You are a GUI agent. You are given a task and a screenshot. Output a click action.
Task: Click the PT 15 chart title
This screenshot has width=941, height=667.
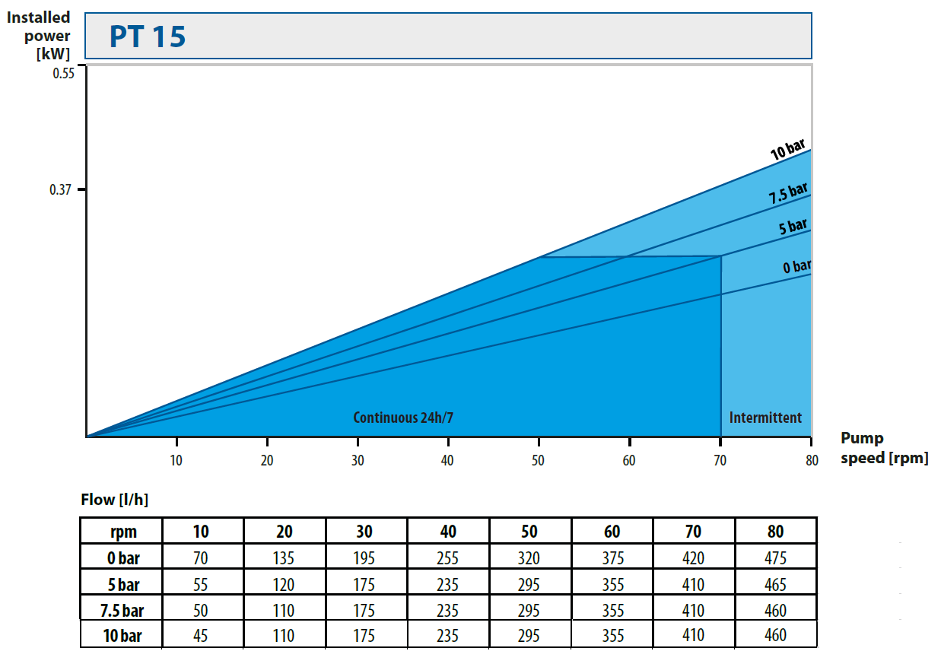click(x=148, y=37)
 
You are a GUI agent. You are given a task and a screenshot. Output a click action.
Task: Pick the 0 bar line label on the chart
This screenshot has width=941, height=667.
click(x=796, y=266)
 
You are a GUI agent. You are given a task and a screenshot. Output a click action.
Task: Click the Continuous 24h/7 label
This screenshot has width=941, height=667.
click(x=408, y=418)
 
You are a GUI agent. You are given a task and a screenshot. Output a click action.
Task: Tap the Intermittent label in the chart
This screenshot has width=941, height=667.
click(x=765, y=418)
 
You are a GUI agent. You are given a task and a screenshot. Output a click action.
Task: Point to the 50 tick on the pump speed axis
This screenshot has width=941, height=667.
click(x=539, y=460)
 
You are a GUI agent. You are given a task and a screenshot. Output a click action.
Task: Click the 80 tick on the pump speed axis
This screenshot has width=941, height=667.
click(x=811, y=460)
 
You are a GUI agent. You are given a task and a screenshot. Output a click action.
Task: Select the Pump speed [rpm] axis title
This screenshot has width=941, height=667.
click(x=884, y=448)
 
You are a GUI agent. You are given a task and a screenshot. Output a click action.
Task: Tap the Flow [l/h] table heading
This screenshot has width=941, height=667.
click(x=114, y=500)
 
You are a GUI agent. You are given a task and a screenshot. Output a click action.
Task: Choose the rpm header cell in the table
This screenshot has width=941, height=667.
click(x=123, y=532)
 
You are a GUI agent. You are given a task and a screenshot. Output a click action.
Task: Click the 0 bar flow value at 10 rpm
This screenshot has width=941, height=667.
click(x=201, y=558)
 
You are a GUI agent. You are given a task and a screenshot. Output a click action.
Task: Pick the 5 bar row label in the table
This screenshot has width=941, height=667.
click(x=123, y=585)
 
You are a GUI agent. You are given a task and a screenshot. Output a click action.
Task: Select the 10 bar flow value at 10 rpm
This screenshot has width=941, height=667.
click(x=201, y=635)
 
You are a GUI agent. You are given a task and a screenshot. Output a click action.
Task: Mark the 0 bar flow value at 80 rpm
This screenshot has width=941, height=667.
click(x=775, y=558)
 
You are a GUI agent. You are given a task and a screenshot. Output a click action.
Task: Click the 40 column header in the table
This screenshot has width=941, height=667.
click(x=448, y=532)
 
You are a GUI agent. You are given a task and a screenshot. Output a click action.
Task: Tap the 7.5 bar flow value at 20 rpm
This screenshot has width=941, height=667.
click(x=284, y=611)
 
